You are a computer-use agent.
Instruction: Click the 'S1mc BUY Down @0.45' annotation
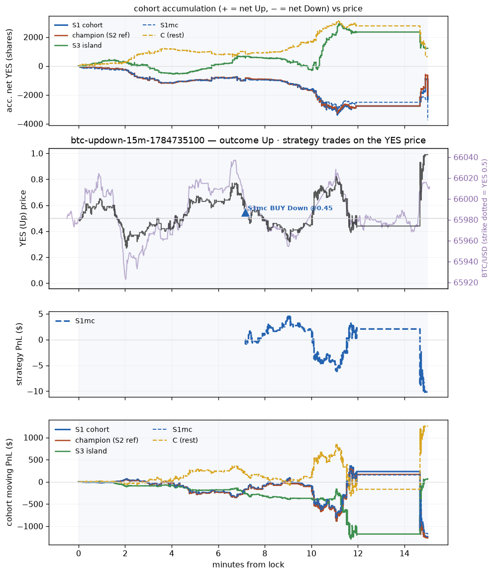coord(290,208)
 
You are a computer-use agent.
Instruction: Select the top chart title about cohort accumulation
coord(248,9)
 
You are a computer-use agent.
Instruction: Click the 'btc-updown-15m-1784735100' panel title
coord(137,140)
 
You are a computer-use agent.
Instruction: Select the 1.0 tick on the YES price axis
coord(37,153)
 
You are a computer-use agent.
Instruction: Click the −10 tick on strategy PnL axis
coord(35,391)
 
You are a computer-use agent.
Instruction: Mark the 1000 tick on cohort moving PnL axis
coord(33,438)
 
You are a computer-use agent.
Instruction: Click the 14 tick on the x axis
coord(404,554)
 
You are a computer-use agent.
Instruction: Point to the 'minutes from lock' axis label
coord(248,565)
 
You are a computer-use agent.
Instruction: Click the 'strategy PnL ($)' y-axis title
coord(19,354)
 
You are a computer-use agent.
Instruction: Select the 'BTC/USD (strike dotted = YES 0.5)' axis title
coord(485,218)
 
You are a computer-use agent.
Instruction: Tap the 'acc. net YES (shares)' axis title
coord(9,71)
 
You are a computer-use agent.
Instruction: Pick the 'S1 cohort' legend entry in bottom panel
coord(92,429)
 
